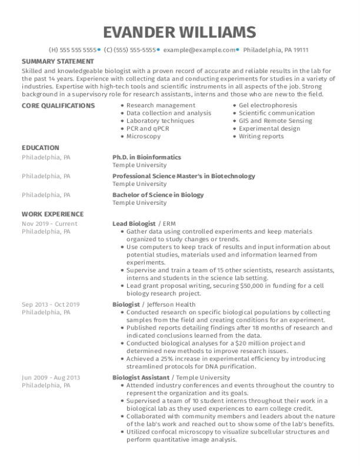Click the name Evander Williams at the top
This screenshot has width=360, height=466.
pyautogui.click(x=179, y=31)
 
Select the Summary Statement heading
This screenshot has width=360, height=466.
pyautogui.click(x=58, y=61)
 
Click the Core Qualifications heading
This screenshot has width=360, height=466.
pyautogui.click(x=58, y=105)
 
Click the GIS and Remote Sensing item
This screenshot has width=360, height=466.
pyautogui.click(x=268, y=121)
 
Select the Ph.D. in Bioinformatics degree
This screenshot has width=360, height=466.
pyautogui.click(x=146, y=157)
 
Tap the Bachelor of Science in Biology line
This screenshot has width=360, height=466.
pyautogui.click(x=158, y=195)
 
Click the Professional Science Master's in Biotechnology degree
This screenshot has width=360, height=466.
pyautogui.click(x=184, y=176)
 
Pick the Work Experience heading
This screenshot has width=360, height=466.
pyautogui.click(x=53, y=214)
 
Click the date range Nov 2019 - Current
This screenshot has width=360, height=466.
pyautogui.click(x=49, y=224)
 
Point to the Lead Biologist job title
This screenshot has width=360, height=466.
pyautogui.click(x=134, y=224)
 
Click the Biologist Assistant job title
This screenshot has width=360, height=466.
pyautogui.click(x=141, y=377)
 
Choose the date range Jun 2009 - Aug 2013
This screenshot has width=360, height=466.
pyautogui.click(x=51, y=377)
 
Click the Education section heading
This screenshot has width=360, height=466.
pyautogui.click(x=41, y=148)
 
